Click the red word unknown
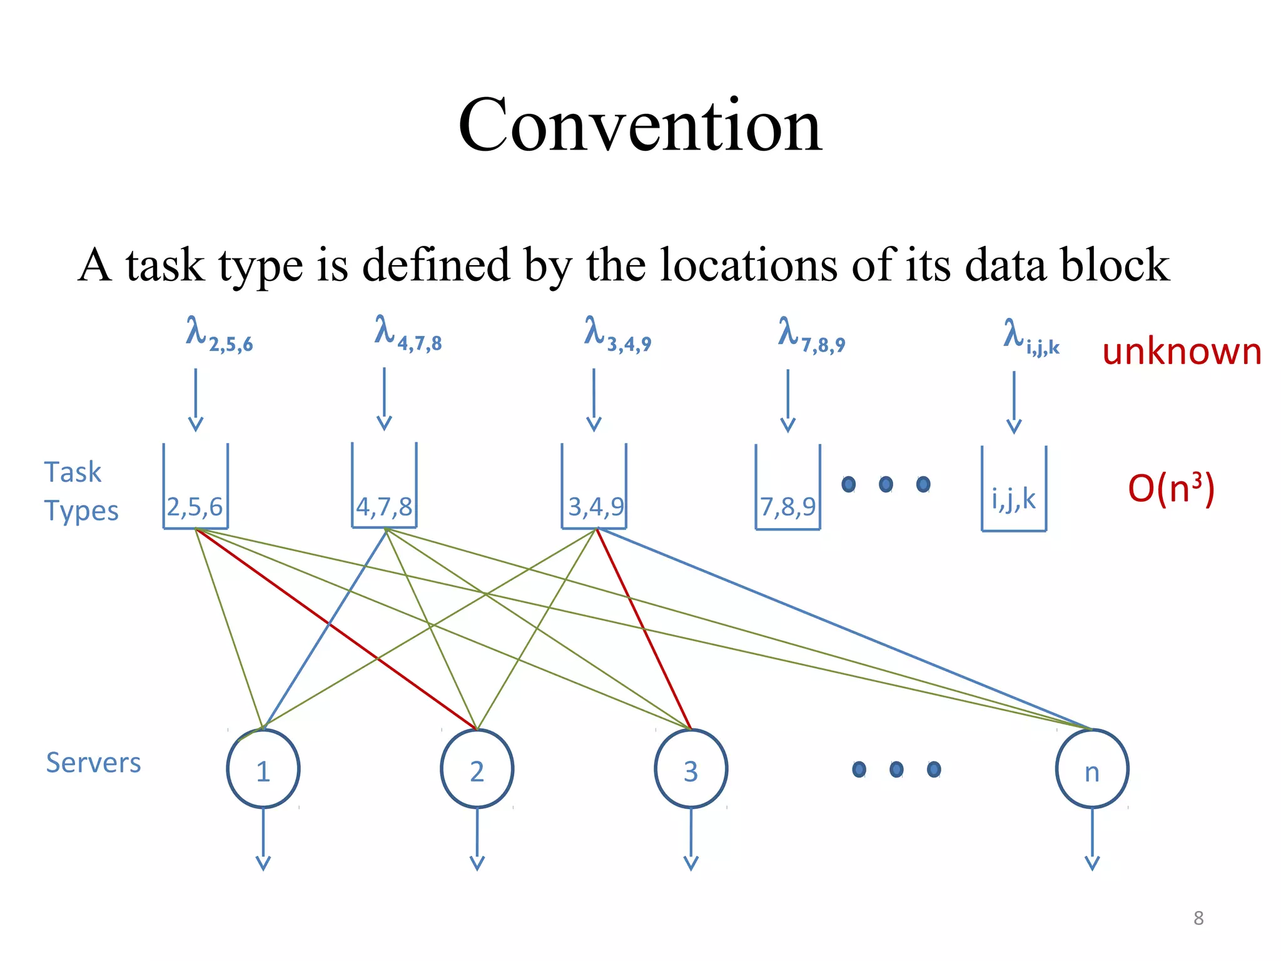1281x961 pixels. (1181, 352)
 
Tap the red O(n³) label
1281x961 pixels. (1170, 489)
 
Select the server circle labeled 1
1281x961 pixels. (263, 770)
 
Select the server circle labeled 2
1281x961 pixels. (477, 770)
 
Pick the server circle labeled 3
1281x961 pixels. (691, 770)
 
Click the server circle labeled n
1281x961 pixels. (1092, 770)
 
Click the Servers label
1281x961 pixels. (93, 763)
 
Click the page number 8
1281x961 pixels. (1198, 918)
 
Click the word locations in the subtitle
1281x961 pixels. (748, 265)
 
